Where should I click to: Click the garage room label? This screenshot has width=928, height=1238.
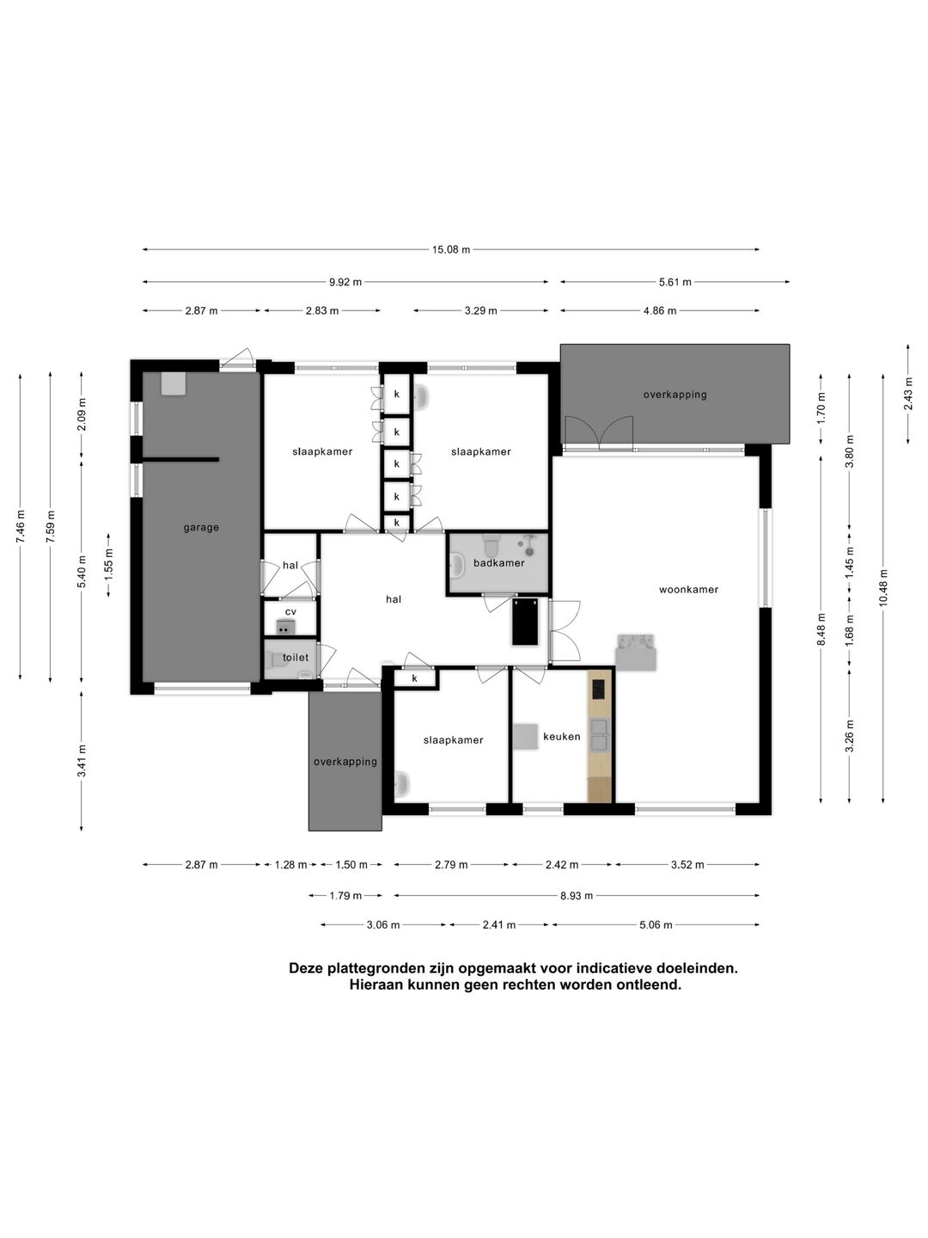[x=200, y=528]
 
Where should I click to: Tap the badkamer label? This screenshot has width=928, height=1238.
[x=498, y=563]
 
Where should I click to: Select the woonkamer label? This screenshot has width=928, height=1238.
[x=688, y=590]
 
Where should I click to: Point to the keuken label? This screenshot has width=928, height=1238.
[x=561, y=736]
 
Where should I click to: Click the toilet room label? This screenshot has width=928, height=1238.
[x=296, y=657]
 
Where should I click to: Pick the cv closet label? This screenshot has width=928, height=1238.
[x=290, y=611]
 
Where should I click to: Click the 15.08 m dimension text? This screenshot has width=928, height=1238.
[x=451, y=249]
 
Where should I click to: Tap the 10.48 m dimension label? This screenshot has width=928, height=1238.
[x=883, y=587]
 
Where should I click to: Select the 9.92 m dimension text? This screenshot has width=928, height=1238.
[x=345, y=282]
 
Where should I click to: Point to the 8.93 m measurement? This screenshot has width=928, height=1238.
[x=577, y=895]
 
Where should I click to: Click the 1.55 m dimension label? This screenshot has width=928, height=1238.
[x=109, y=565]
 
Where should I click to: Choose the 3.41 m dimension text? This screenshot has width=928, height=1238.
[x=82, y=760]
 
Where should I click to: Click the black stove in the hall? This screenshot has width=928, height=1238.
[x=524, y=622]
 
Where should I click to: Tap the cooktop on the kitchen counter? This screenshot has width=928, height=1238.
[x=598, y=688]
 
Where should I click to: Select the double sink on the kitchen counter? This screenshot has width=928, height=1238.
[x=599, y=735]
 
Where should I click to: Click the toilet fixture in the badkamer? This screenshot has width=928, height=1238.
[x=491, y=545]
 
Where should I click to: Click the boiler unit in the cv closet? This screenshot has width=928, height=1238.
[x=286, y=626]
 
